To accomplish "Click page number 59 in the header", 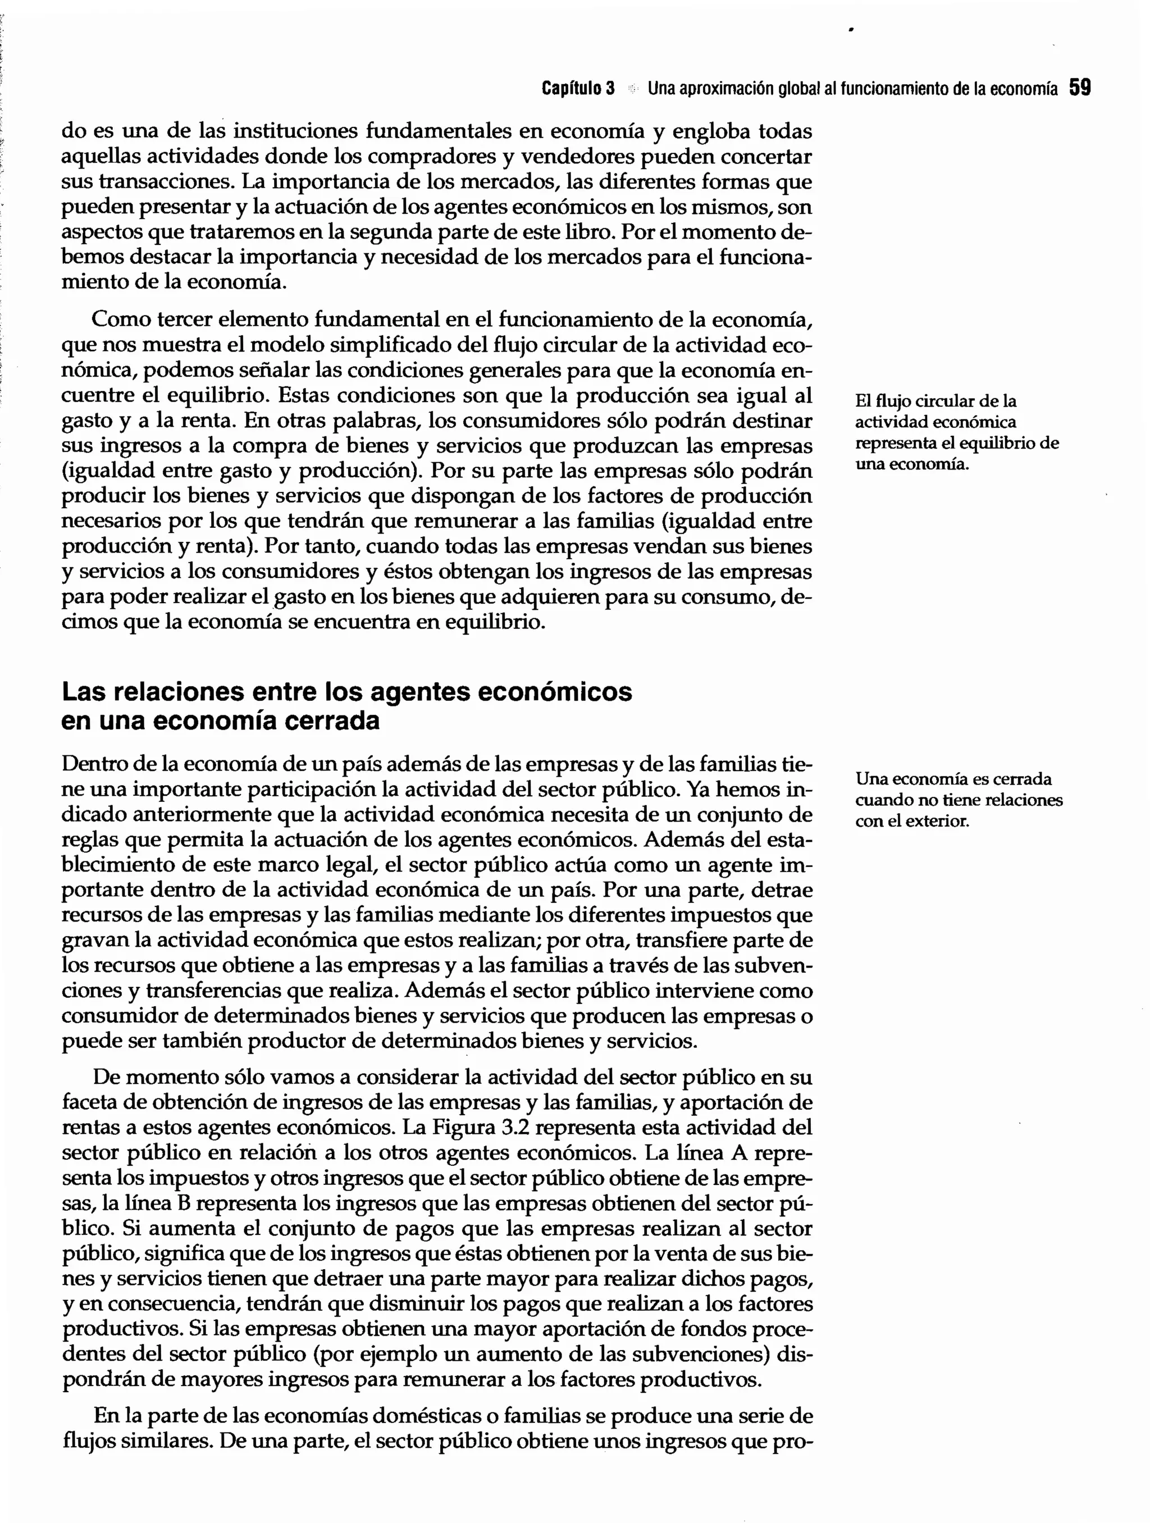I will (x=1080, y=88).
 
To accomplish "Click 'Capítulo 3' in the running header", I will (x=578, y=89).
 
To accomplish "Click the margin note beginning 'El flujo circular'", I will (x=956, y=432).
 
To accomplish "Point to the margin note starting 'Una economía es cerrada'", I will (x=958, y=800).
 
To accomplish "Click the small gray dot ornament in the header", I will (x=632, y=89).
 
